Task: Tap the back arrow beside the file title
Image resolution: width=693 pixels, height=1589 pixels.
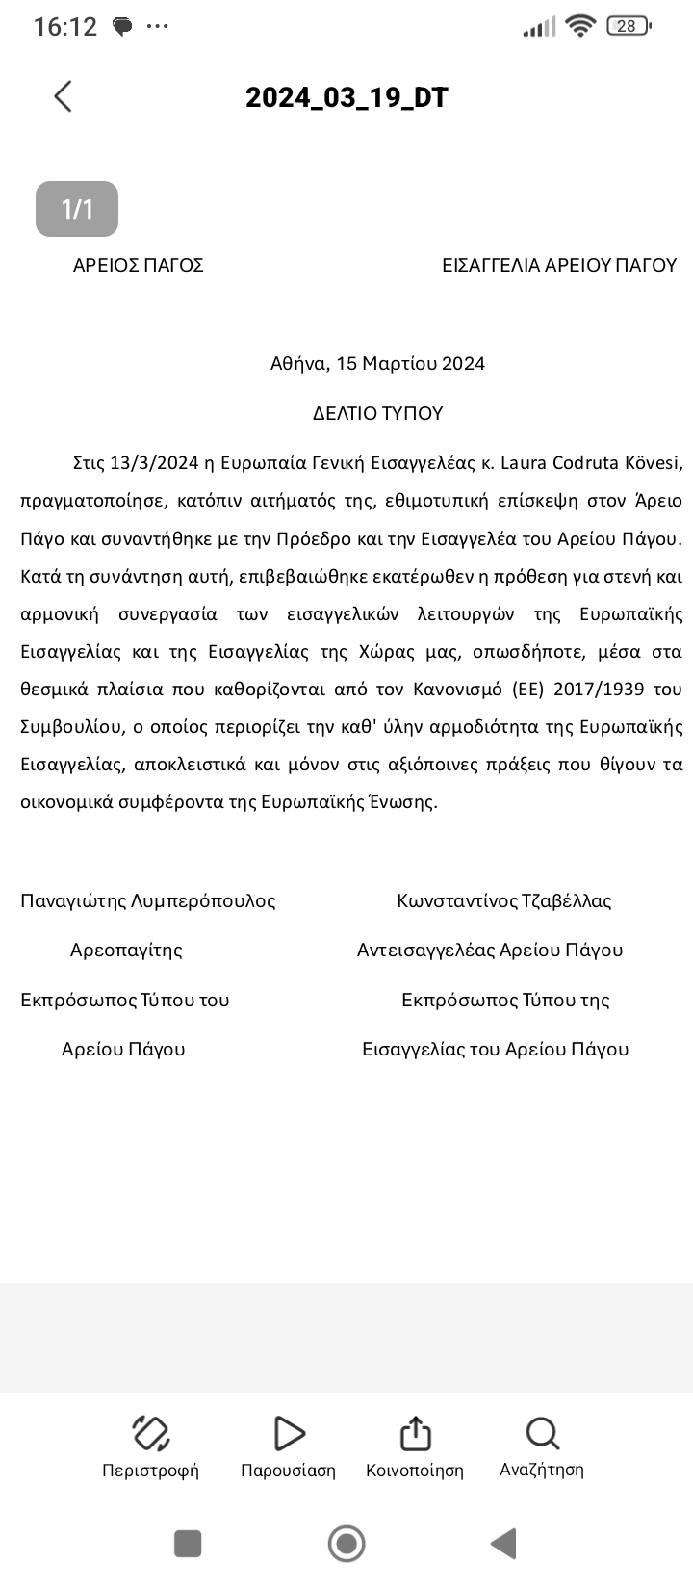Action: pos(63,96)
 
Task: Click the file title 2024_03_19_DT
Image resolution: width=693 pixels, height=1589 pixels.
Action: pos(346,97)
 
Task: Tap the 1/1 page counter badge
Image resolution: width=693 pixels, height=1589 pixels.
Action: pos(77,209)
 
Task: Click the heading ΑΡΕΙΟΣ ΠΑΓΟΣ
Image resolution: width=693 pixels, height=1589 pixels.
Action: pos(139,265)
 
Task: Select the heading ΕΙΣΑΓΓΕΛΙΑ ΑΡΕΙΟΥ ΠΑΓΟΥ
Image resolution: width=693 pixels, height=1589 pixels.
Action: pos(559,265)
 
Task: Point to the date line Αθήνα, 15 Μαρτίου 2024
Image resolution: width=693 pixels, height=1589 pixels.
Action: pos(377,363)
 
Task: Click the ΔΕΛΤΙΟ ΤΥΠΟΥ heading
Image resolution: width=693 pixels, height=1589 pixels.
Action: pos(377,413)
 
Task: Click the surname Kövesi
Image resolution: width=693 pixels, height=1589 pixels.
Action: pos(654,463)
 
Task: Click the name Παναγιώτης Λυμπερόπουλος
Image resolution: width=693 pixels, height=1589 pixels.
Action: pos(148,901)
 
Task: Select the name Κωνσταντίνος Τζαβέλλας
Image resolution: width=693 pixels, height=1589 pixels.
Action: pos(504,901)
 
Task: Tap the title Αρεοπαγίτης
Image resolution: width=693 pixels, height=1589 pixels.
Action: pos(126,951)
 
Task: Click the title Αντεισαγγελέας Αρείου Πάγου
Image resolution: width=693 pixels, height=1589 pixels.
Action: pos(490,951)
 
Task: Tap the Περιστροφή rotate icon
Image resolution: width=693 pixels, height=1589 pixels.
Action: pos(150,1434)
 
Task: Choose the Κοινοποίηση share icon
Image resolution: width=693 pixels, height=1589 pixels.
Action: pos(415,1434)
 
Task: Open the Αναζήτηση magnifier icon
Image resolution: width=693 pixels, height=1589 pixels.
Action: pos(542,1434)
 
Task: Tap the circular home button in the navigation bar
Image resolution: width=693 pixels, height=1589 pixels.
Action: pos(346,1544)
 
